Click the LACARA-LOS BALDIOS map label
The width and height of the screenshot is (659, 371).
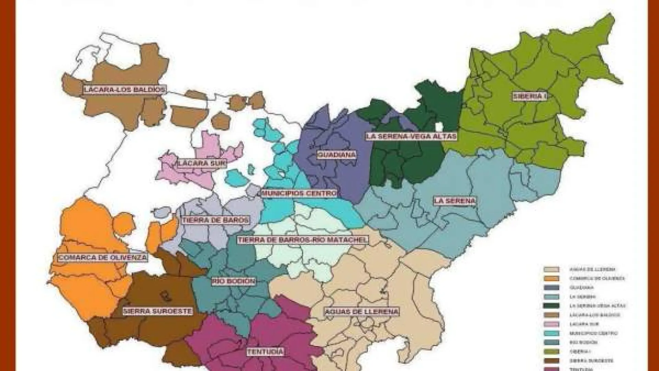125,90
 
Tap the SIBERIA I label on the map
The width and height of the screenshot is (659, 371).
530,96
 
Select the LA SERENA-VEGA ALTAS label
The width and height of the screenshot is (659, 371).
411,136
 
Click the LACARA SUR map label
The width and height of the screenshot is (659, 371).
202,163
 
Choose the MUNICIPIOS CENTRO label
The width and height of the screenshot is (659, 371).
299,193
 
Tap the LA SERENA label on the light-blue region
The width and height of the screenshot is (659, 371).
455,201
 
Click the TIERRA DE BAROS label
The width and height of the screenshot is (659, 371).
216,220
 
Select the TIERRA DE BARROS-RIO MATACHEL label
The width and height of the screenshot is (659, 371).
302,240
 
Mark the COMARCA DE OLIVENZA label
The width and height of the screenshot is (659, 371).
103,257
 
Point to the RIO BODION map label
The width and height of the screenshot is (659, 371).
234,282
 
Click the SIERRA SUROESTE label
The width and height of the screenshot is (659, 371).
158,311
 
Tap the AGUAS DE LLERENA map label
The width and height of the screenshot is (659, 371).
361,312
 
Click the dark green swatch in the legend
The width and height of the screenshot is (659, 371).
552,306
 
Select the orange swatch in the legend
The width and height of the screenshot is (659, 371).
552,278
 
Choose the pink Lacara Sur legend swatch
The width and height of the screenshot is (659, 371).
552,324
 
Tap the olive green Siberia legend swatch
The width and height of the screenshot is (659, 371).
552,351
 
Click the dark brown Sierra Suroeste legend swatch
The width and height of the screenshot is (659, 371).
552,361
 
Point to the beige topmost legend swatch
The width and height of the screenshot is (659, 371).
552,269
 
